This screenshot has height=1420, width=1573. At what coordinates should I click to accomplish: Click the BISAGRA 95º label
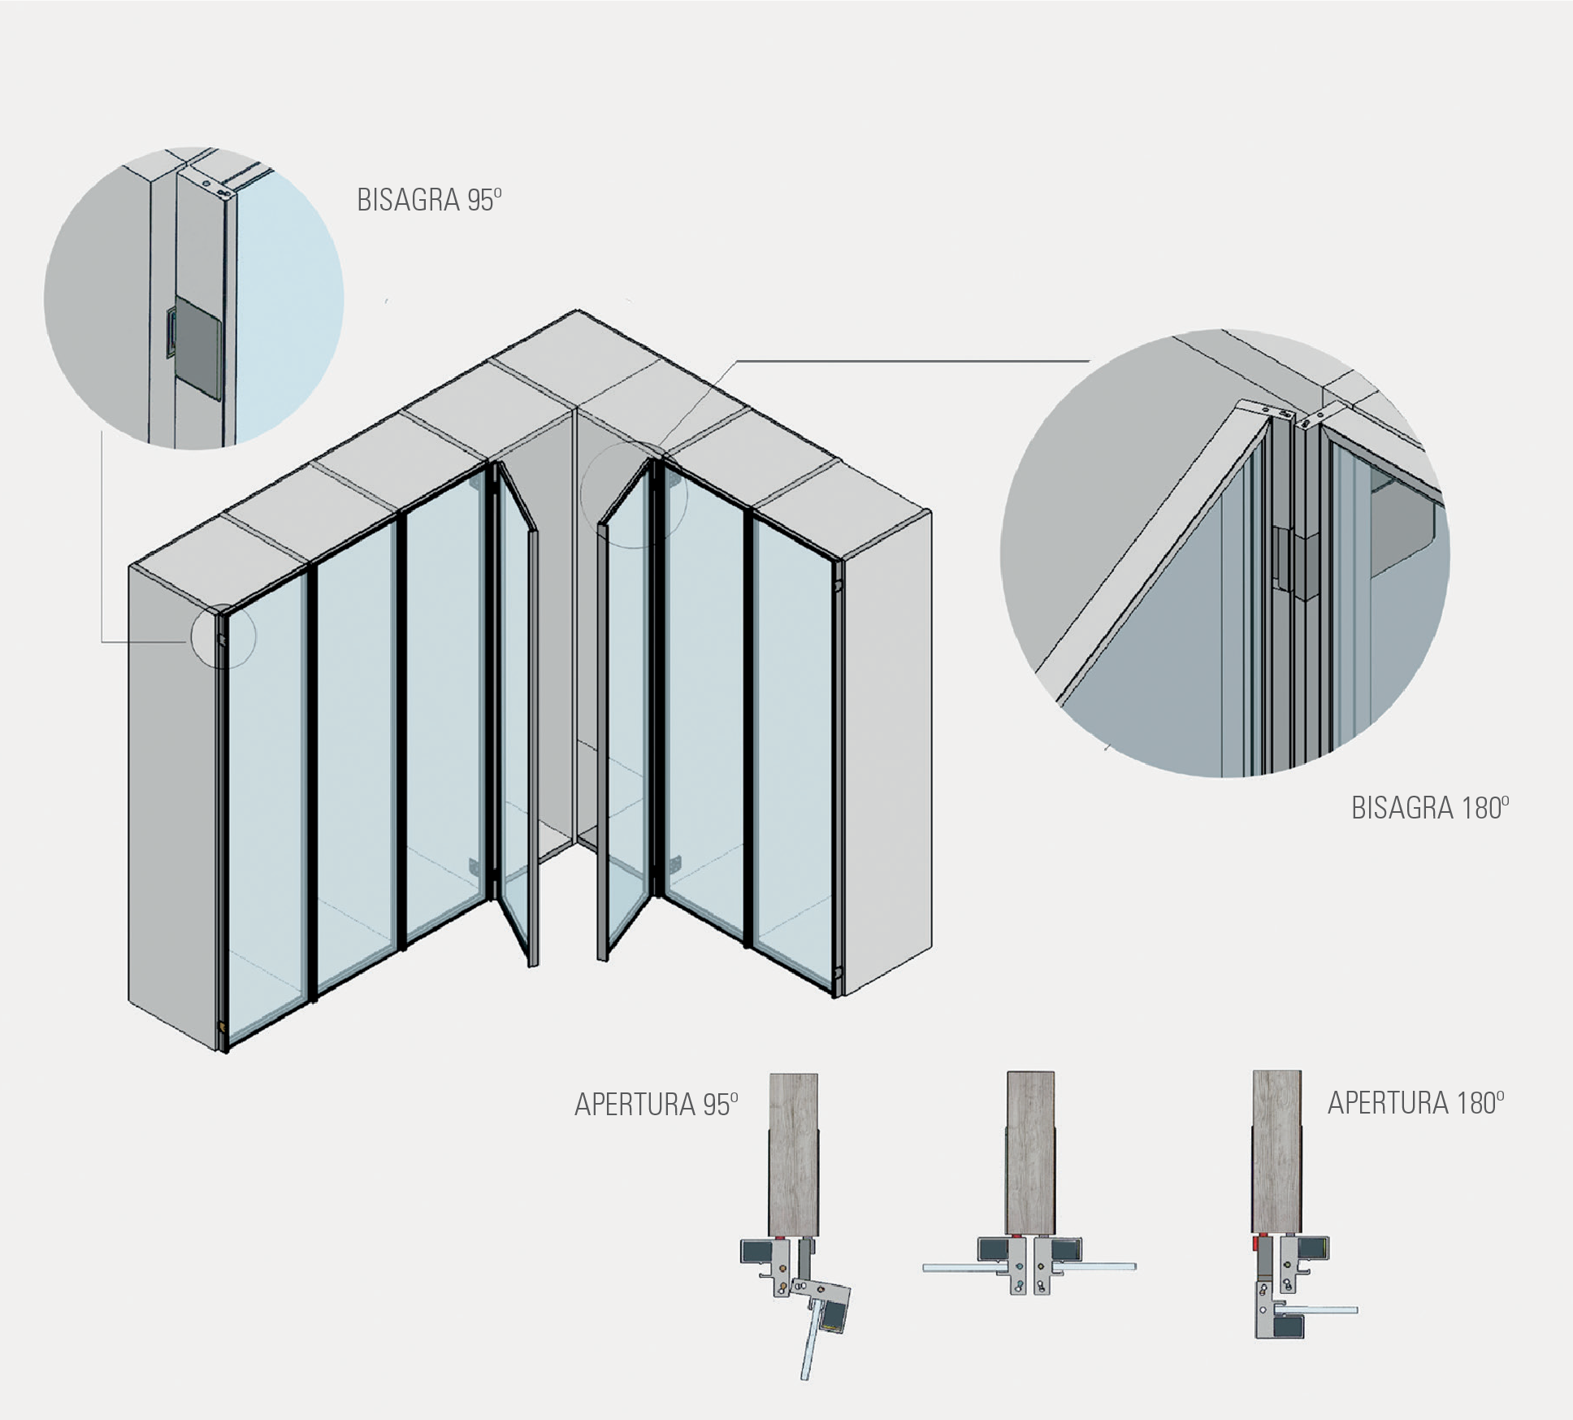pos(429,200)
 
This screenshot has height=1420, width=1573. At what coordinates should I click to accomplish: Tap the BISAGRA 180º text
pos(1429,808)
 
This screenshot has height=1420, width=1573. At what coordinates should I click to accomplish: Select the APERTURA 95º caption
pos(656,1105)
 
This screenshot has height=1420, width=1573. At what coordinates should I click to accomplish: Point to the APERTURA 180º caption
pos(1415,1102)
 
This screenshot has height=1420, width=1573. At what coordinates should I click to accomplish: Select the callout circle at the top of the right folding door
pos(634,494)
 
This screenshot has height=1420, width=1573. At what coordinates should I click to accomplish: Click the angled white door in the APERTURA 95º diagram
pos(808,1346)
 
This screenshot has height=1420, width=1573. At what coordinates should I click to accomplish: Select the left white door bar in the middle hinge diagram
pos(951,1267)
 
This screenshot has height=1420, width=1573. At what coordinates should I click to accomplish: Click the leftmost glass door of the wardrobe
pos(264,805)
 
